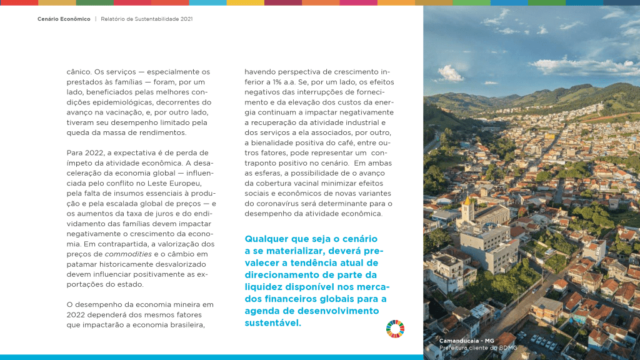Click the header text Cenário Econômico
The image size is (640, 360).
pyautogui.click(x=64, y=19)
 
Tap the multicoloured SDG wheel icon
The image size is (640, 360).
pyautogui.click(x=395, y=329)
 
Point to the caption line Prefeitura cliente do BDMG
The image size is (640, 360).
pyautogui.click(x=478, y=347)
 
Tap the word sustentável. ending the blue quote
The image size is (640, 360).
pyautogui.click(x=273, y=323)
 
